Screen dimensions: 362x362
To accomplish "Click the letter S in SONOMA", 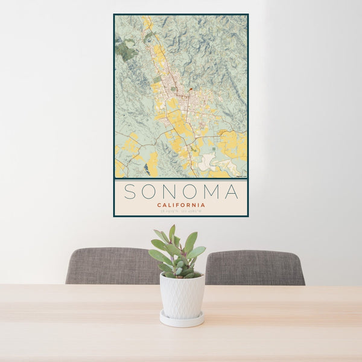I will pos(129,192).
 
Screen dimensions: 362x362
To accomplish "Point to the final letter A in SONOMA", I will pos(231,192).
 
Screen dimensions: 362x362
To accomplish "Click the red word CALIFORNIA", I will pos(181,205).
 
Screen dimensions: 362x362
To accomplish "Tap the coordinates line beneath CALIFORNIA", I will pos(181,212).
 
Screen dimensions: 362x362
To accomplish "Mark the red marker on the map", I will pos(191,90).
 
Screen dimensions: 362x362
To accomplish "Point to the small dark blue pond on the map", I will pos(147,169).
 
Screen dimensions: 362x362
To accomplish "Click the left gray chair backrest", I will pos(112,266).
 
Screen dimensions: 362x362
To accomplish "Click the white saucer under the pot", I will pos(182,320).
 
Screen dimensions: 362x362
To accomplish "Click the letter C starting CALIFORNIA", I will pos(159,205).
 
